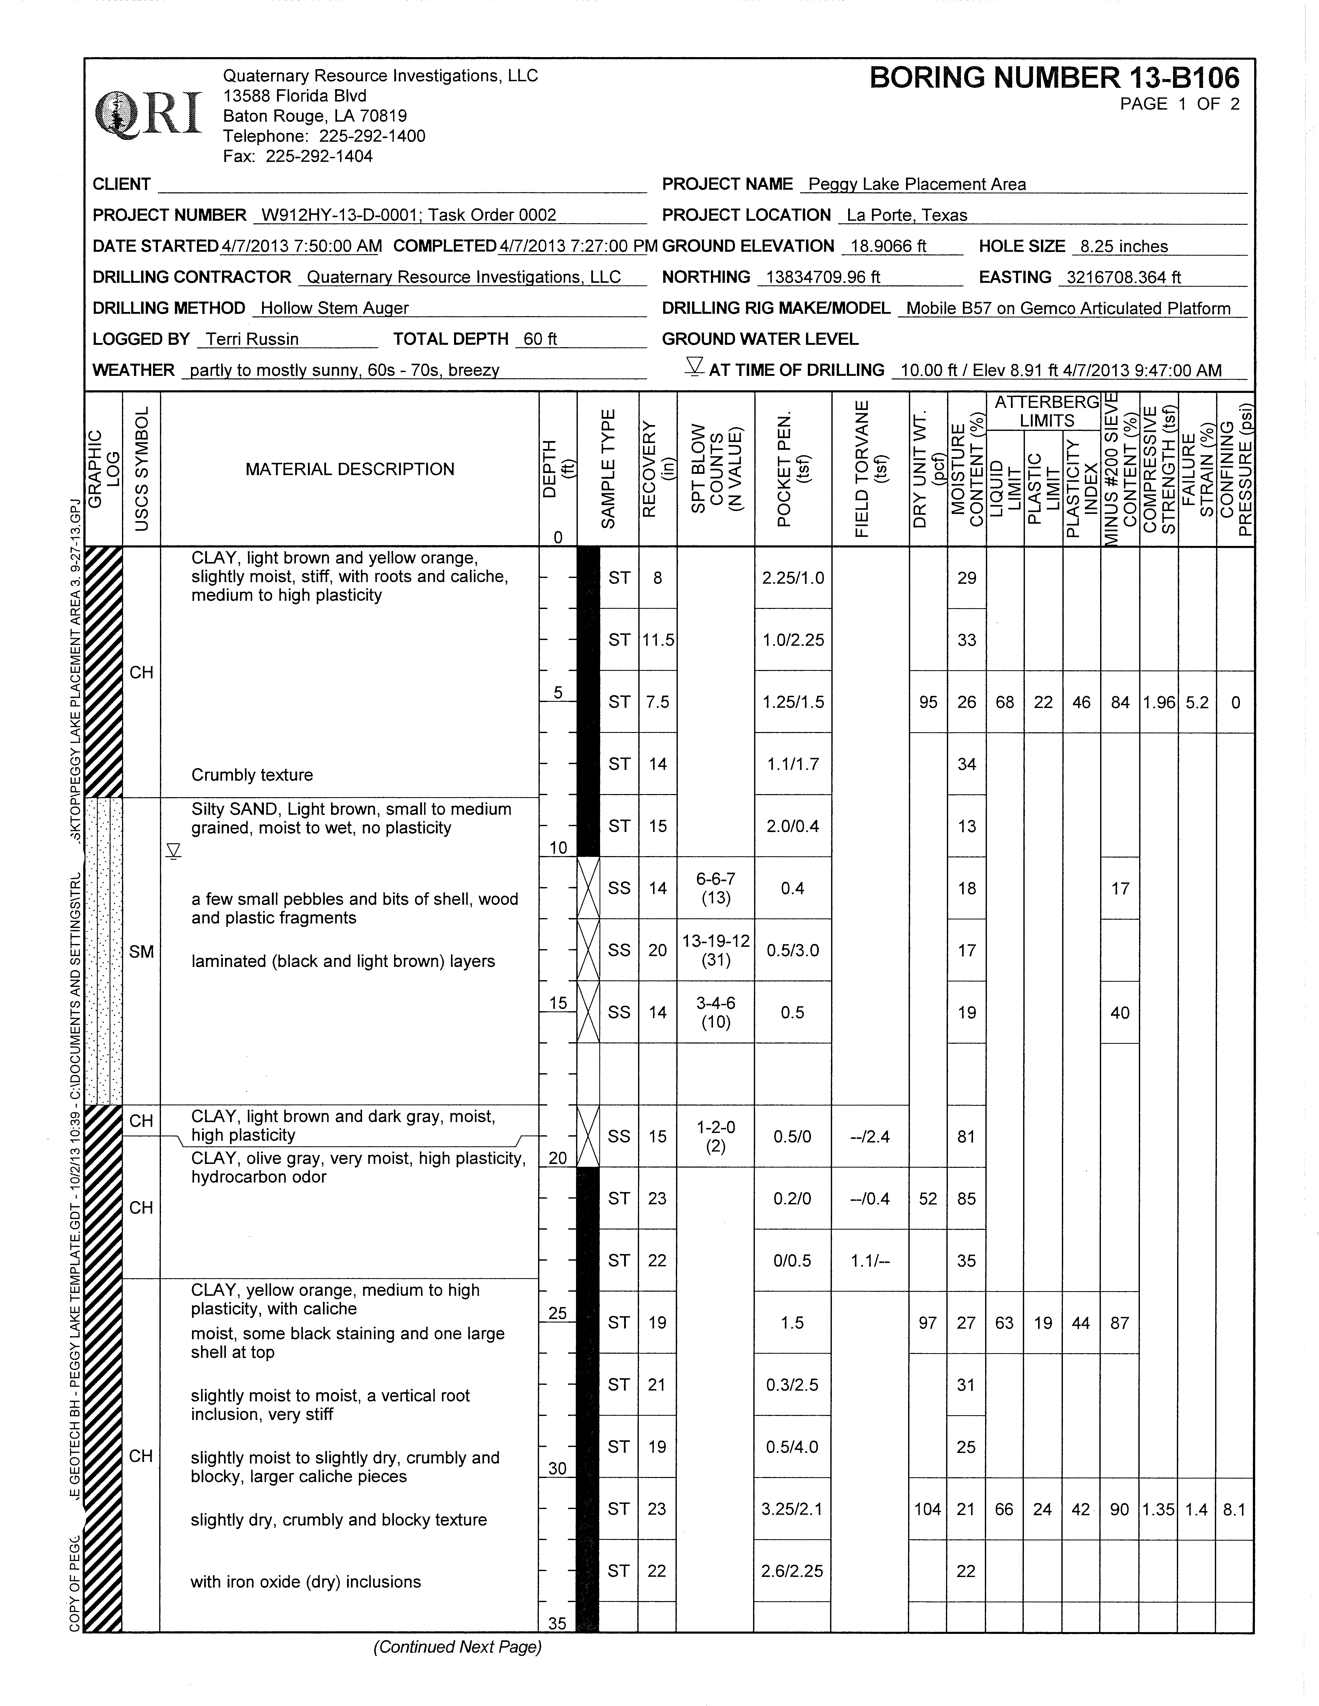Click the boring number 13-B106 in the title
pos(1054,78)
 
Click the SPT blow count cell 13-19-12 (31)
pos(715,950)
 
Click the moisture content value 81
pos(966,1137)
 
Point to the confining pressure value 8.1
pos(1234,1509)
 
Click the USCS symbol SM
pos(141,951)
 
